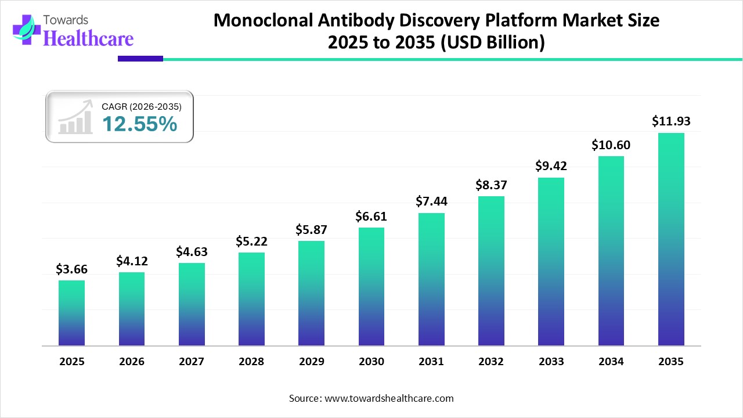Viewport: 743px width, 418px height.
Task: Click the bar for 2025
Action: click(x=71, y=313)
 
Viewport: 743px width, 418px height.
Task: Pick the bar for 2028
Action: click(x=251, y=299)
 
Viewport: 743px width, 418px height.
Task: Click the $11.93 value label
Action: click(x=671, y=121)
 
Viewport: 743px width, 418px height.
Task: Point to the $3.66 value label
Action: click(x=71, y=269)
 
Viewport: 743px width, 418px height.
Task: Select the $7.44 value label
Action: click(x=431, y=201)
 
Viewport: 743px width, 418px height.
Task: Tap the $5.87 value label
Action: click(x=311, y=229)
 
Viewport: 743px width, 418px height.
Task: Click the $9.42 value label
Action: click(x=551, y=166)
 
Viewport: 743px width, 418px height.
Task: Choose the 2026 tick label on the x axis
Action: click(x=131, y=362)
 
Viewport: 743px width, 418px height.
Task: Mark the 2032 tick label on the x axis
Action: click(x=491, y=362)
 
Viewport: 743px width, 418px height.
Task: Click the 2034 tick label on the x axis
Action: click(x=611, y=362)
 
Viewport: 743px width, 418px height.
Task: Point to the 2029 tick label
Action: click(x=311, y=362)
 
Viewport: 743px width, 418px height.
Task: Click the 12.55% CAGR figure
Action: click(x=139, y=124)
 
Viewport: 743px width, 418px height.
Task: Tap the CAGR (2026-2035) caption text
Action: click(x=142, y=107)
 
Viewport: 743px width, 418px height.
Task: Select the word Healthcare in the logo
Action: click(x=89, y=38)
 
